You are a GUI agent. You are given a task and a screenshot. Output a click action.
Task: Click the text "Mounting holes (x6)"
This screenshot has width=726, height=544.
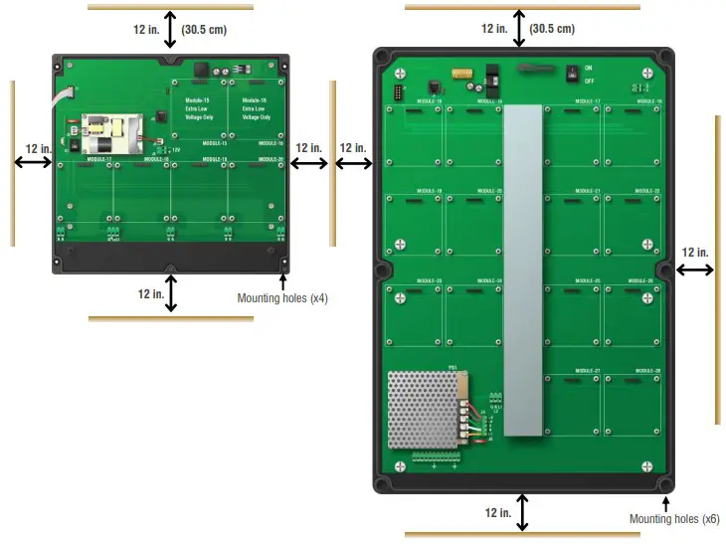tap(674, 519)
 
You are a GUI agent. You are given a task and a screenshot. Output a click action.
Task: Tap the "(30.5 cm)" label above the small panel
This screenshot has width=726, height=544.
tap(204, 29)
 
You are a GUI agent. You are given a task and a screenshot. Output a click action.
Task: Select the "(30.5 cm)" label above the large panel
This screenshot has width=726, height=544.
tap(552, 29)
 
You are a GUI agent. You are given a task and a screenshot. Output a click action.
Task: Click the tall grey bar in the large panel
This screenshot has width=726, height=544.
tap(524, 270)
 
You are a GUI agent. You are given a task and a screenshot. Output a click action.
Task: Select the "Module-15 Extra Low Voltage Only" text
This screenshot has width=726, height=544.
tap(200, 108)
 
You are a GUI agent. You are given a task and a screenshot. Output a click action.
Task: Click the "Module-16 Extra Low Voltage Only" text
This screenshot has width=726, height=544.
tap(257, 108)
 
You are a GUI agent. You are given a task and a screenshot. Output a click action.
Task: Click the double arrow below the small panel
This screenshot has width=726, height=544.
tap(172, 294)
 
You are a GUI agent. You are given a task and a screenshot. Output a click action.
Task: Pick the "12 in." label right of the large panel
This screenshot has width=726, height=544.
tap(695, 252)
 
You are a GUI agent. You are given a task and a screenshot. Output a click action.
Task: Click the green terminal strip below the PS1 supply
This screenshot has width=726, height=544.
tap(435, 457)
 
